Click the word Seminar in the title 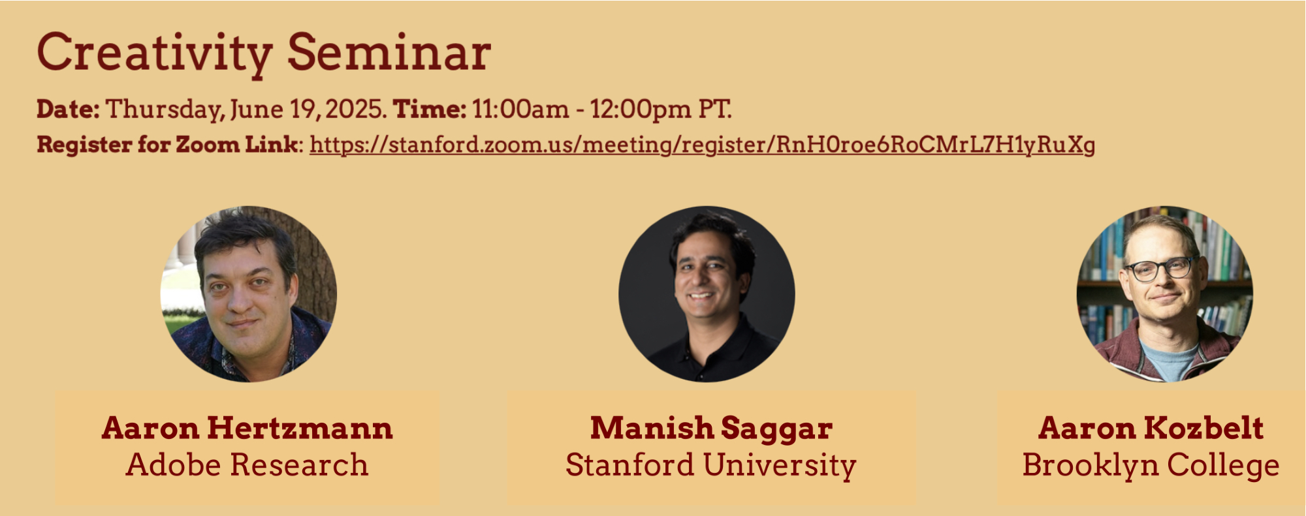389,52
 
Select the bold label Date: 68,109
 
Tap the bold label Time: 430,109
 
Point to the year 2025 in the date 356,109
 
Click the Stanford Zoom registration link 702,145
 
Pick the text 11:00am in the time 520,109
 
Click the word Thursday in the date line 165,110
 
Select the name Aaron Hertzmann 247,428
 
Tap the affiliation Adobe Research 247,464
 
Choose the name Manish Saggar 711,429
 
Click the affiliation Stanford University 711,465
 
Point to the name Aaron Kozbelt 1151,428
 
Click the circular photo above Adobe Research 249,294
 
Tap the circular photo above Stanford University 707,294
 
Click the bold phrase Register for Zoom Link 167,144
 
